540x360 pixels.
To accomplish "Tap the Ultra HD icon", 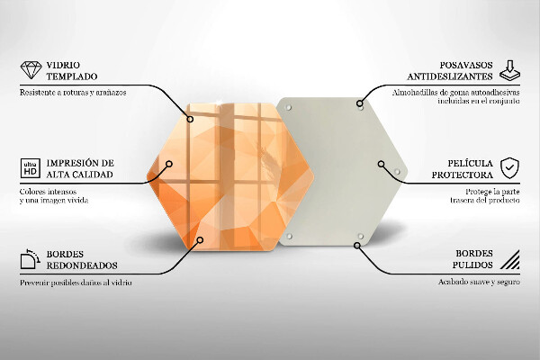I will coord(28,167).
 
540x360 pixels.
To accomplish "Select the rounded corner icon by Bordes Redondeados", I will coord(28,260).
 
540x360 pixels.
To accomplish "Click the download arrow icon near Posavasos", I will coord(509,68).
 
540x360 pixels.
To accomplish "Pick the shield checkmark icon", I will coord(509,167).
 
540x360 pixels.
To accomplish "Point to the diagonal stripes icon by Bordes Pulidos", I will coord(509,262).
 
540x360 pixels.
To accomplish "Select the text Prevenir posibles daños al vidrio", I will coord(76,283).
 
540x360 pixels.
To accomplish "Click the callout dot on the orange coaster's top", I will coord(190,118).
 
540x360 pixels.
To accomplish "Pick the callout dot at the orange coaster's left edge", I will coord(168,164).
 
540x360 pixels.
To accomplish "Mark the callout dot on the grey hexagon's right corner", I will coord(382,165).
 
